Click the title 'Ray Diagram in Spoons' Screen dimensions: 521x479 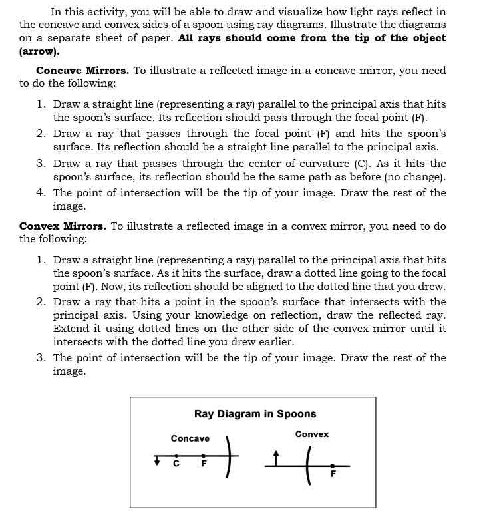[255, 414]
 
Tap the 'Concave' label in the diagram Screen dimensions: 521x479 [190, 438]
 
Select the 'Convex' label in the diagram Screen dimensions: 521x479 [311, 434]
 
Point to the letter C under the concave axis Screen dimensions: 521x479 [176, 464]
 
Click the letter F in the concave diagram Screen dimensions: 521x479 [204, 464]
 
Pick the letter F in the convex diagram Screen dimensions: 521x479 [333, 474]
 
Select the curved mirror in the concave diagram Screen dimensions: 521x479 [230, 457]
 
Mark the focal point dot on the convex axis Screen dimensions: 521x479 [333, 466]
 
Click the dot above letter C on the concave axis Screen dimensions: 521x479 [176, 456]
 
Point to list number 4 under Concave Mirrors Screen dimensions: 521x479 [41, 192]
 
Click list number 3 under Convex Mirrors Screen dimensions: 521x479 [41, 357]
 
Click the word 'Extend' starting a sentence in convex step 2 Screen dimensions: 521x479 [71, 329]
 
